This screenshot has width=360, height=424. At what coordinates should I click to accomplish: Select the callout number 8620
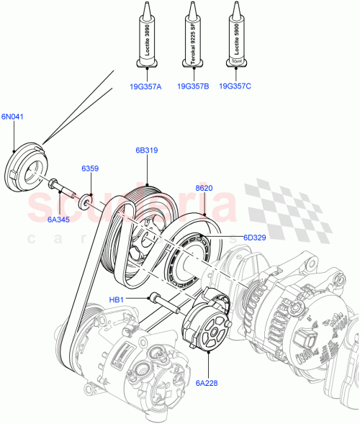coord(204,188)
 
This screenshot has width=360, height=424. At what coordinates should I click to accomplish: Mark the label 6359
coord(90,168)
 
